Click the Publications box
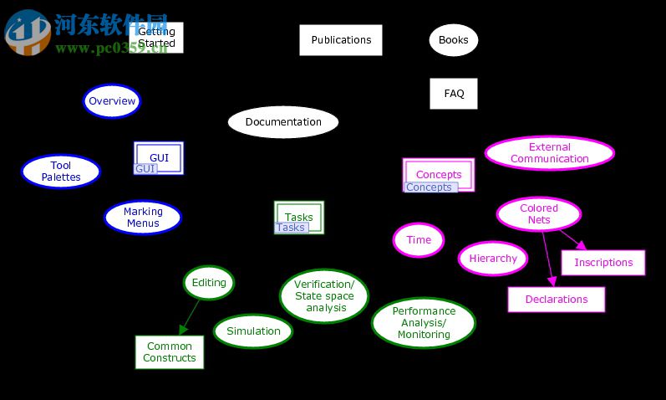[341, 40]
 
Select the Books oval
[454, 39]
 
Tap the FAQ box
[454, 94]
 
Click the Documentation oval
[283, 122]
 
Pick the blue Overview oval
[112, 101]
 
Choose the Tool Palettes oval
[61, 172]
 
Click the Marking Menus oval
[143, 218]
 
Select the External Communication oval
[550, 153]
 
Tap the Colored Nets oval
[539, 214]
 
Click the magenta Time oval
[419, 240]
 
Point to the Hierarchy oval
[493, 259]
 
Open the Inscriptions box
[603, 263]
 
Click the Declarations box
[557, 300]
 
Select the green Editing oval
[209, 283]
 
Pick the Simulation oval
[253, 331]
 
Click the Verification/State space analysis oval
[324, 296]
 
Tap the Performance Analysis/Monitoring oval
[424, 323]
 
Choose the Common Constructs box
[170, 352]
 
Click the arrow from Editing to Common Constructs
[189, 317]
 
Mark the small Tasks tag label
[291, 228]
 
